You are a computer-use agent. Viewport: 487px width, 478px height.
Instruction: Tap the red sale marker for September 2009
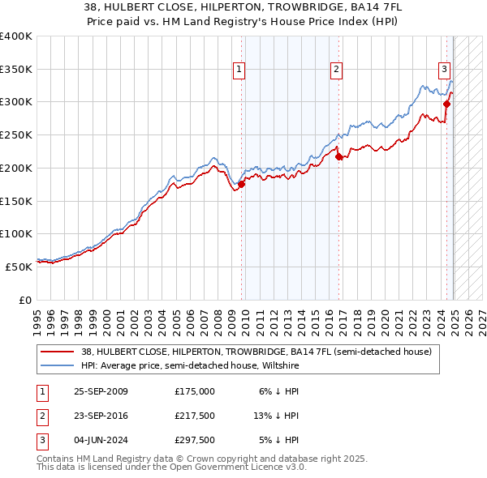click(x=241, y=184)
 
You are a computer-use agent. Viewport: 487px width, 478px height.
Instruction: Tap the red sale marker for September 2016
click(x=338, y=156)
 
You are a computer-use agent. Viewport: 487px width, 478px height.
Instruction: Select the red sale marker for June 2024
click(x=446, y=104)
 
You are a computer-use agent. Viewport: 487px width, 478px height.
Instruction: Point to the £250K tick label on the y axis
click(x=16, y=134)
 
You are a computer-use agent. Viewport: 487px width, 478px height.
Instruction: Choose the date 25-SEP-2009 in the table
click(x=101, y=391)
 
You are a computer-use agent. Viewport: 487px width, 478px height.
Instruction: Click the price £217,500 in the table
click(x=195, y=416)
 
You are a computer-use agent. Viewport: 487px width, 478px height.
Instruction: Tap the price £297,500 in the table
click(x=195, y=441)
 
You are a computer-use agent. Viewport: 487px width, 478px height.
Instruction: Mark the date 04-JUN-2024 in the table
click(x=101, y=441)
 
